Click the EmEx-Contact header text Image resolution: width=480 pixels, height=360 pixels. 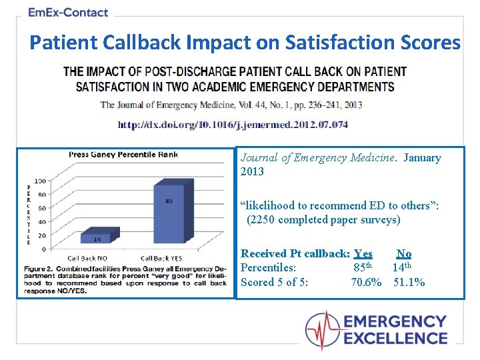pyautogui.click(x=68, y=12)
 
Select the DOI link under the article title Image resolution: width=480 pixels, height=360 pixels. pyautogui.click(x=233, y=125)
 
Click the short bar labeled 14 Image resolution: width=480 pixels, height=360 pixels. pyautogui.click(x=97, y=239)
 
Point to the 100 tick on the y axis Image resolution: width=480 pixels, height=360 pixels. pyautogui.click(x=40, y=181)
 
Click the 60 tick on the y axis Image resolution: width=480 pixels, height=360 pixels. pyautogui.click(x=41, y=208)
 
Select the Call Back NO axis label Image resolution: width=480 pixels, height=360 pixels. pyautogui.click(x=88, y=258)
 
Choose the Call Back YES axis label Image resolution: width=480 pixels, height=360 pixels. pyautogui.click(x=162, y=258)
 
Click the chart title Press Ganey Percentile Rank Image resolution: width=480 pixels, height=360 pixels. pyautogui.click(x=123, y=155)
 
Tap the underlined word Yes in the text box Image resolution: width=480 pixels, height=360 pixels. pyautogui.click(x=363, y=253)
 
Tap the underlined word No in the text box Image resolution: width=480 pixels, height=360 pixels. pyautogui.click(x=404, y=253)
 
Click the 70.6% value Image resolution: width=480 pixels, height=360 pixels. pyautogui.click(x=366, y=282)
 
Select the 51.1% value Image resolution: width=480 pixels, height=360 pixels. pyautogui.click(x=409, y=282)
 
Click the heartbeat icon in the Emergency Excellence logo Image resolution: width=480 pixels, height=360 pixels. pyautogui.click(x=322, y=329)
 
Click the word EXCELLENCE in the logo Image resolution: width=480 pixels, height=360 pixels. pyautogui.click(x=396, y=337)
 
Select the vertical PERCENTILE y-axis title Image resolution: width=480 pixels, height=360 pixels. pyautogui.click(x=28, y=215)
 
